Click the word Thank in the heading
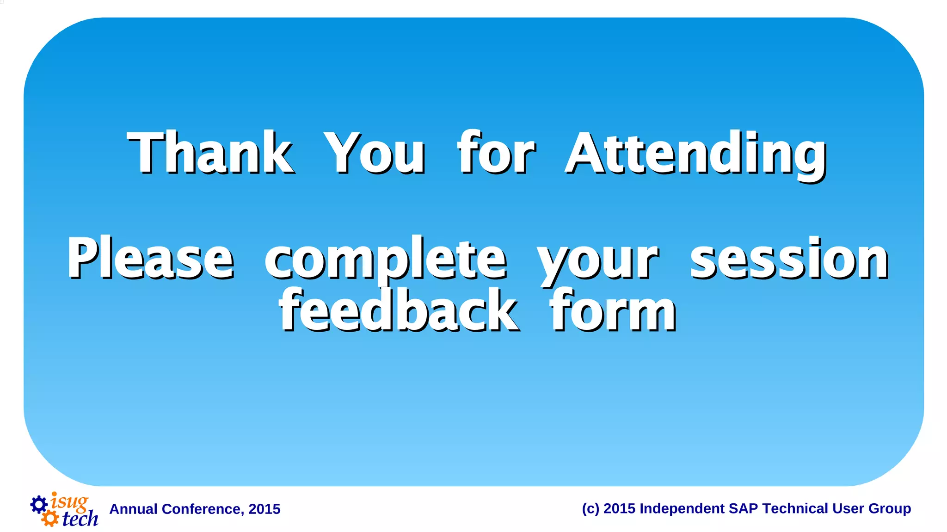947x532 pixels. tap(210, 153)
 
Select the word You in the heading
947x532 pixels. tap(374, 153)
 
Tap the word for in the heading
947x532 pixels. tap(496, 153)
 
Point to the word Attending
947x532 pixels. tap(696, 155)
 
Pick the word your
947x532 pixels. tap(597, 261)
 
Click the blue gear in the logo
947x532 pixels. tap(39, 504)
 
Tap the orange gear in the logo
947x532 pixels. tap(50, 518)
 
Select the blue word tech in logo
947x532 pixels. tap(80, 519)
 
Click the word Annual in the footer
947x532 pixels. tap(133, 509)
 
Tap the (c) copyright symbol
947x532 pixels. tap(590, 508)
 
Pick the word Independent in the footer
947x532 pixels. tap(682, 508)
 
